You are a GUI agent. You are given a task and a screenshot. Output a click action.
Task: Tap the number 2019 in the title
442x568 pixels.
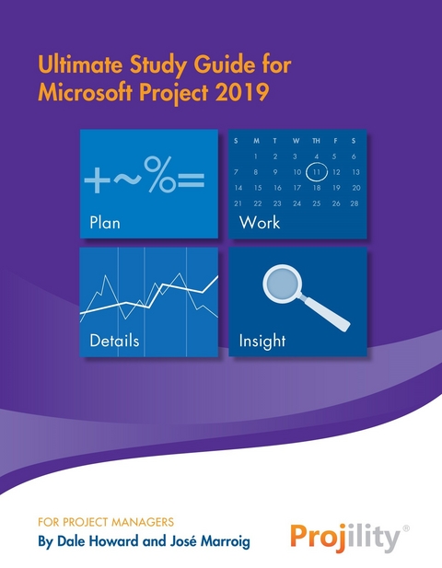coord(246,91)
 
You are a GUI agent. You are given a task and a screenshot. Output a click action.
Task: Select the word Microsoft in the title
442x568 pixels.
coord(80,91)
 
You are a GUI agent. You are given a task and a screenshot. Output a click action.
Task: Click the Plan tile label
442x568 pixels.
coord(105,223)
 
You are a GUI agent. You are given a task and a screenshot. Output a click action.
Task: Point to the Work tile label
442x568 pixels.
coord(259,223)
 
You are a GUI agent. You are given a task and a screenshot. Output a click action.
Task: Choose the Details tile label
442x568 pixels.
coord(114,341)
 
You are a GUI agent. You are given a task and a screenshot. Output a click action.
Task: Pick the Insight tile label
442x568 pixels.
coord(262,341)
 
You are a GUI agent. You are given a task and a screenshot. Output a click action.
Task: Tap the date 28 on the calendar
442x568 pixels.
coord(355,203)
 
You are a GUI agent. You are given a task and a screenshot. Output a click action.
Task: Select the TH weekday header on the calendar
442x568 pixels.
coord(316,141)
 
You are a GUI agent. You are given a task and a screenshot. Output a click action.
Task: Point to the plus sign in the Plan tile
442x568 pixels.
coord(95,180)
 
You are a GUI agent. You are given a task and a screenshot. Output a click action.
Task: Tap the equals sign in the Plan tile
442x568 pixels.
coord(191,180)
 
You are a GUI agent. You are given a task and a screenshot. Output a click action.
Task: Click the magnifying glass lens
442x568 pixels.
coord(282,284)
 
